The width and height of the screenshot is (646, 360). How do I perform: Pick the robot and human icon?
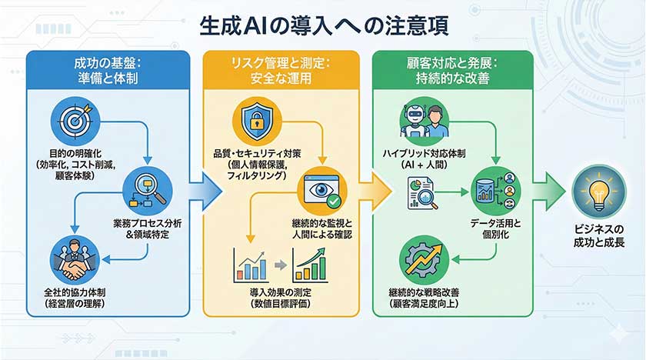tap(424, 121)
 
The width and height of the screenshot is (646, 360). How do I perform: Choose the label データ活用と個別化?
tap(495, 228)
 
